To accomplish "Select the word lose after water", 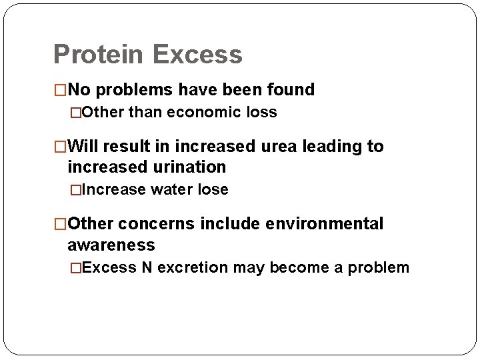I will (211, 189).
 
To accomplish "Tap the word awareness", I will (111, 245).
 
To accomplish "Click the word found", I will (291, 89).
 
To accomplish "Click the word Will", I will (83, 146).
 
